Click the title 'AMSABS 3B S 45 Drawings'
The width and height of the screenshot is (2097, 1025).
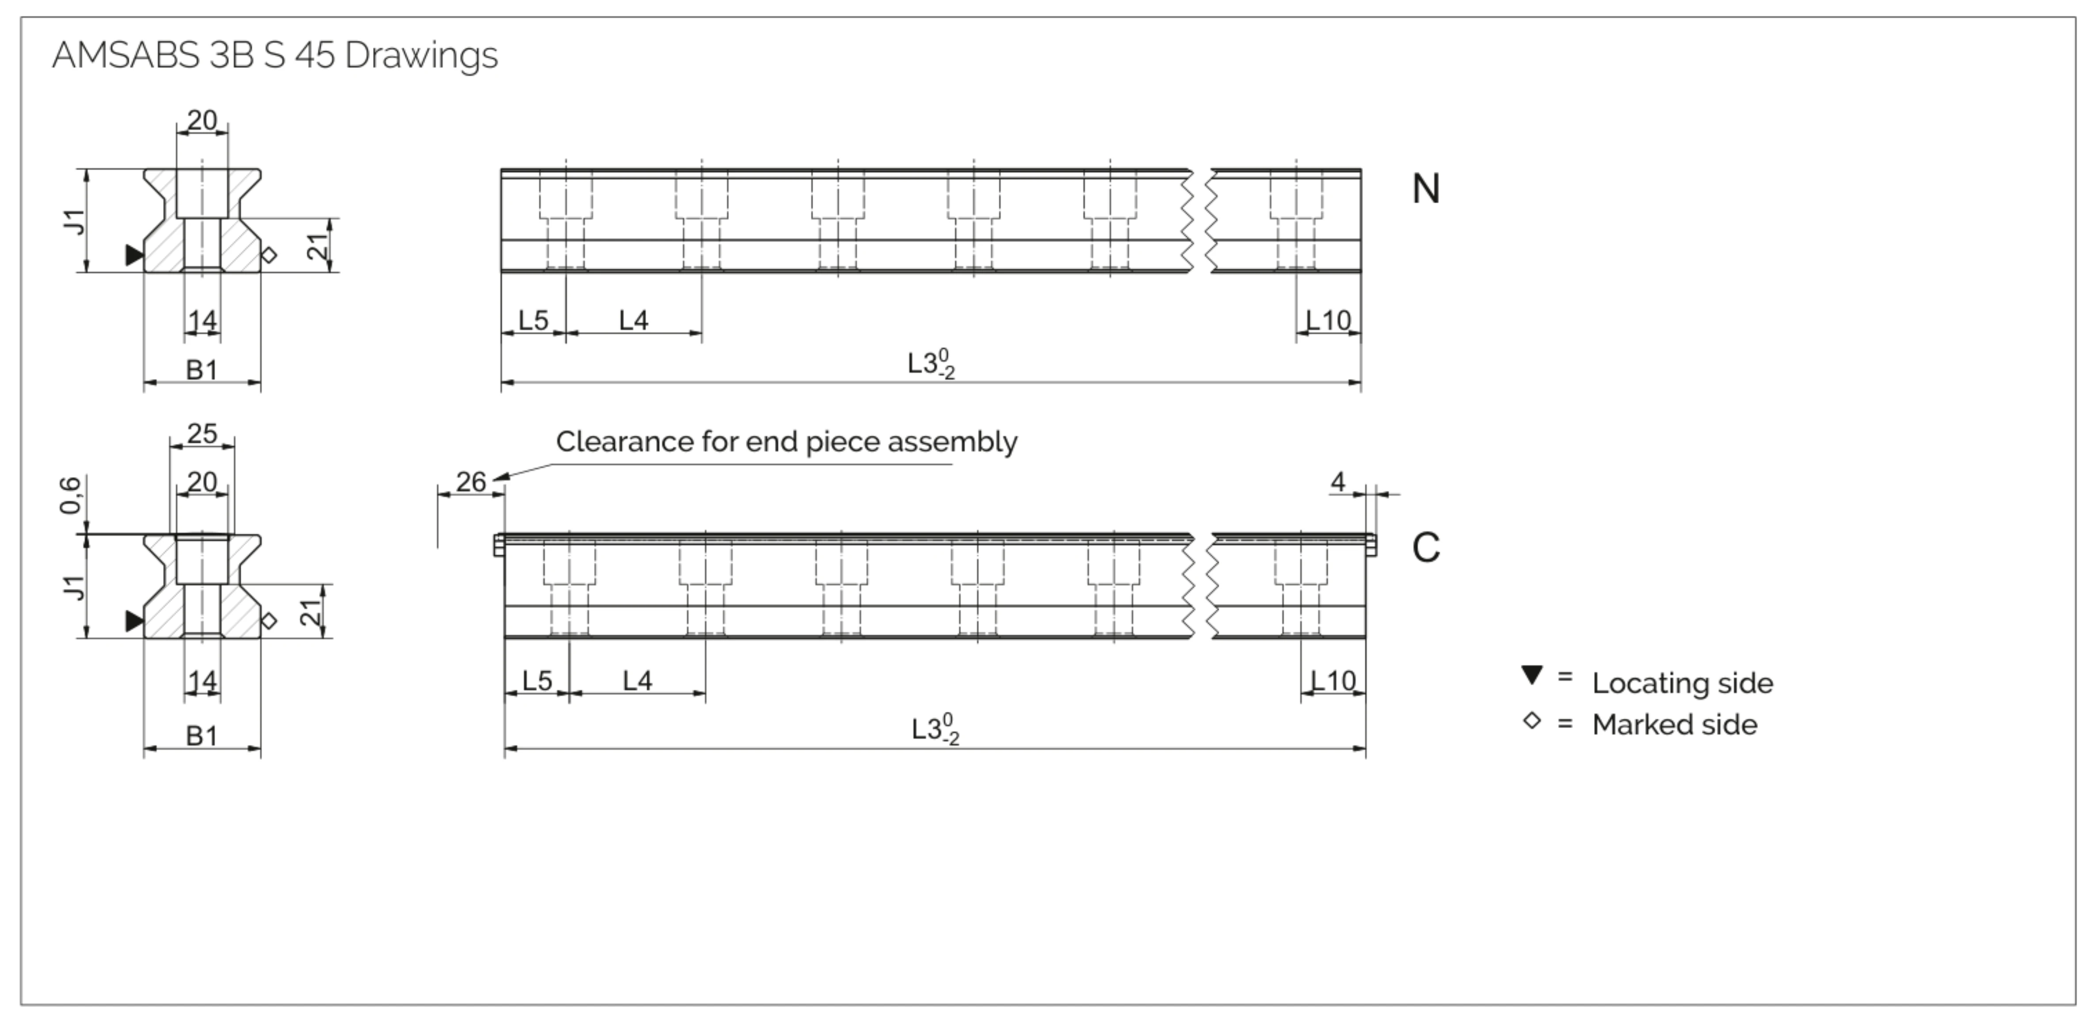coord(274,55)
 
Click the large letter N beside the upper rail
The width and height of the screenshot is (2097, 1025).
coord(1425,189)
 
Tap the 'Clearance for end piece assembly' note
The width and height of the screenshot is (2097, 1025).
coord(786,442)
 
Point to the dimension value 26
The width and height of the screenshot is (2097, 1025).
coord(471,482)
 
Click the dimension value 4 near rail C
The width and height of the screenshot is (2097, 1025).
coord(1337,482)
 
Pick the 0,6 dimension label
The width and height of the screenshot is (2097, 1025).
coord(71,495)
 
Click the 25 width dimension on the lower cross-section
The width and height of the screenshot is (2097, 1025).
coord(202,433)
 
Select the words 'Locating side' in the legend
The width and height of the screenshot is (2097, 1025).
coord(1682,683)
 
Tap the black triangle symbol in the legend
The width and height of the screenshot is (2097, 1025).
coord(1531,675)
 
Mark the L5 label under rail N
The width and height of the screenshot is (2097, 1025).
coord(533,320)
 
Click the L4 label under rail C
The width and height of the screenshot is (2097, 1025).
coord(637,681)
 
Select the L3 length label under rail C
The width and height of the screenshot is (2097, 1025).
coord(935,729)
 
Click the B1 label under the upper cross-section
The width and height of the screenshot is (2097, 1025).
coord(202,370)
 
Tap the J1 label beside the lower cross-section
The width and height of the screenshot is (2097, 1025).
coord(74,587)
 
